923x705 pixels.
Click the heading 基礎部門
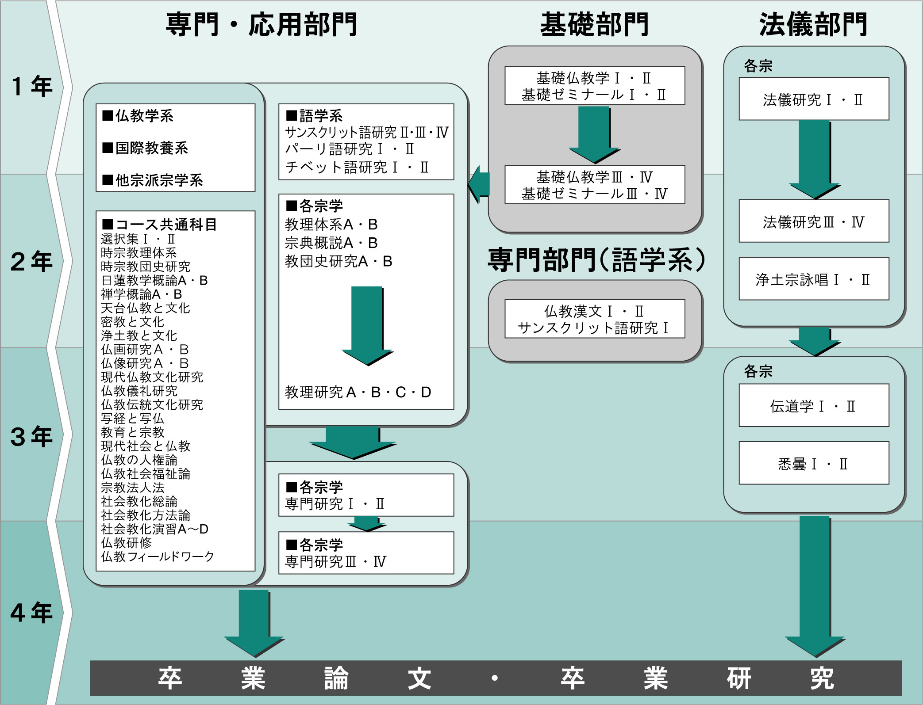tap(594, 25)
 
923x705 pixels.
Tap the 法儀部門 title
tap(813, 25)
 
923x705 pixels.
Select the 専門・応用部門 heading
tap(261, 25)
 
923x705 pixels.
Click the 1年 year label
tap(32, 86)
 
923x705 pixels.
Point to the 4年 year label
tap(32, 613)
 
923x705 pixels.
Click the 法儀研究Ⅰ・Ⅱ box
tap(813, 99)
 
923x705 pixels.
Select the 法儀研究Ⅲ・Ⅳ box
tap(813, 221)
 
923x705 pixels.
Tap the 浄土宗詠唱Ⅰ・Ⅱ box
tap(813, 279)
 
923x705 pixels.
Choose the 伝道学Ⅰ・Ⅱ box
tap(813, 406)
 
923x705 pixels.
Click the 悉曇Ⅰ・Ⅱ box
tap(813, 464)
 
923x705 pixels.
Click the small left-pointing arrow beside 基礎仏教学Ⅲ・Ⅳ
tap(479, 184)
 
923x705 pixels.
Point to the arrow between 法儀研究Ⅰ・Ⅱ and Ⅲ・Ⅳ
tap(814, 159)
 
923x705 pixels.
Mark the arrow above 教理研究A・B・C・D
tap(367, 325)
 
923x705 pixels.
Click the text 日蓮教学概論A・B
tap(154, 280)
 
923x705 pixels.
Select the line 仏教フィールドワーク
tap(157, 556)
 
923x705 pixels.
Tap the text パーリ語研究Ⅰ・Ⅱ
tap(350, 149)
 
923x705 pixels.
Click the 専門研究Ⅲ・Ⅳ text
tap(335, 562)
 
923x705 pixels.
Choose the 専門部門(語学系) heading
tap(596, 260)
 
